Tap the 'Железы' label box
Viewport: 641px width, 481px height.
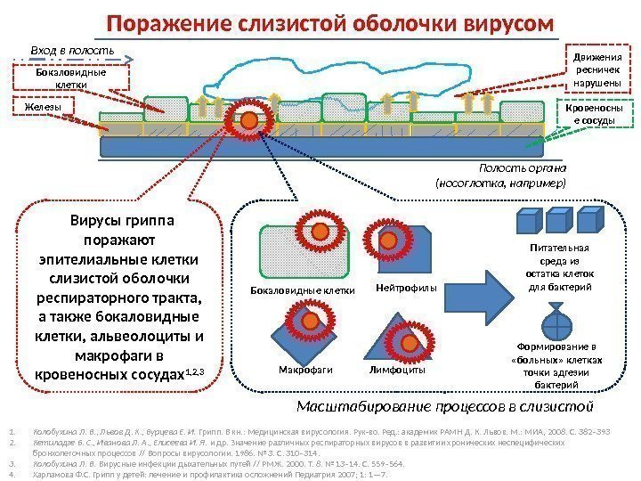(44, 107)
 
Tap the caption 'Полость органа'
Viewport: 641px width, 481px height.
(523, 167)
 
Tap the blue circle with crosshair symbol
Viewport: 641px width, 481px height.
(553, 319)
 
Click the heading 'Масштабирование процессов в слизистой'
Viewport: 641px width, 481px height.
(445, 407)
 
